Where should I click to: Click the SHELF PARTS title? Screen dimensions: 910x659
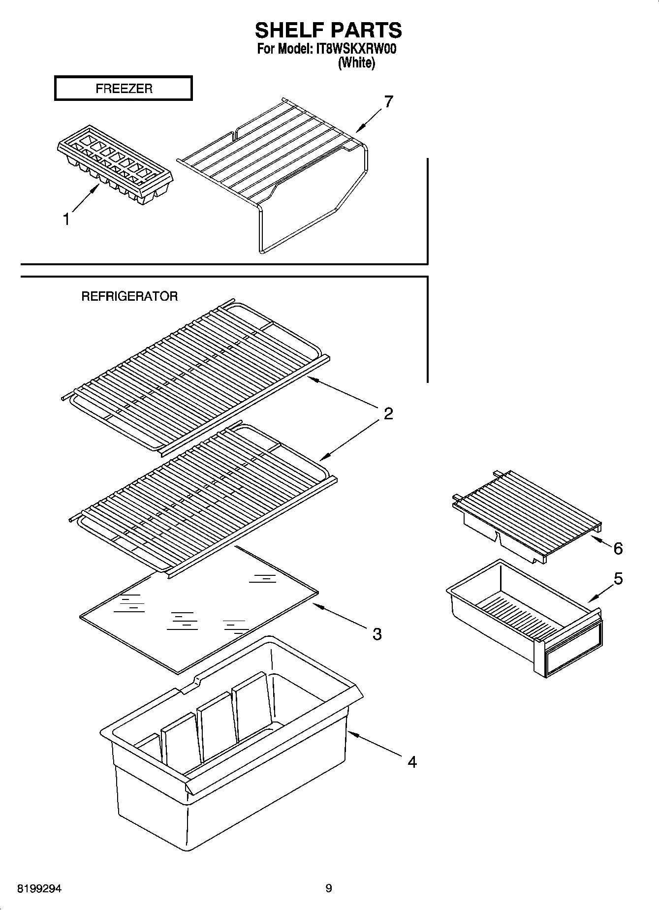(328, 30)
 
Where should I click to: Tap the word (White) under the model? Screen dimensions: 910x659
(356, 63)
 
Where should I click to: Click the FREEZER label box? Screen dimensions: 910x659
(123, 89)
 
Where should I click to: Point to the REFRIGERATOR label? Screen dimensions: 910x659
(129, 296)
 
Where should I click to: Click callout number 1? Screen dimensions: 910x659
(66, 220)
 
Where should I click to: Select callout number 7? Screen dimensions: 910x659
(388, 102)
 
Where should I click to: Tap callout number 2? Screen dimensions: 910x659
(388, 413)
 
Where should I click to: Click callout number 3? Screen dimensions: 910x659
(377, 634)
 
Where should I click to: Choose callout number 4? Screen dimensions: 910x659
(412, 762)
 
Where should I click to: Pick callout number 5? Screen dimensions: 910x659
(618, 579)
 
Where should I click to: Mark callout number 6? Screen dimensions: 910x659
(618, 548)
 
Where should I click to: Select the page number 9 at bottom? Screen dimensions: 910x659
(329, 888)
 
